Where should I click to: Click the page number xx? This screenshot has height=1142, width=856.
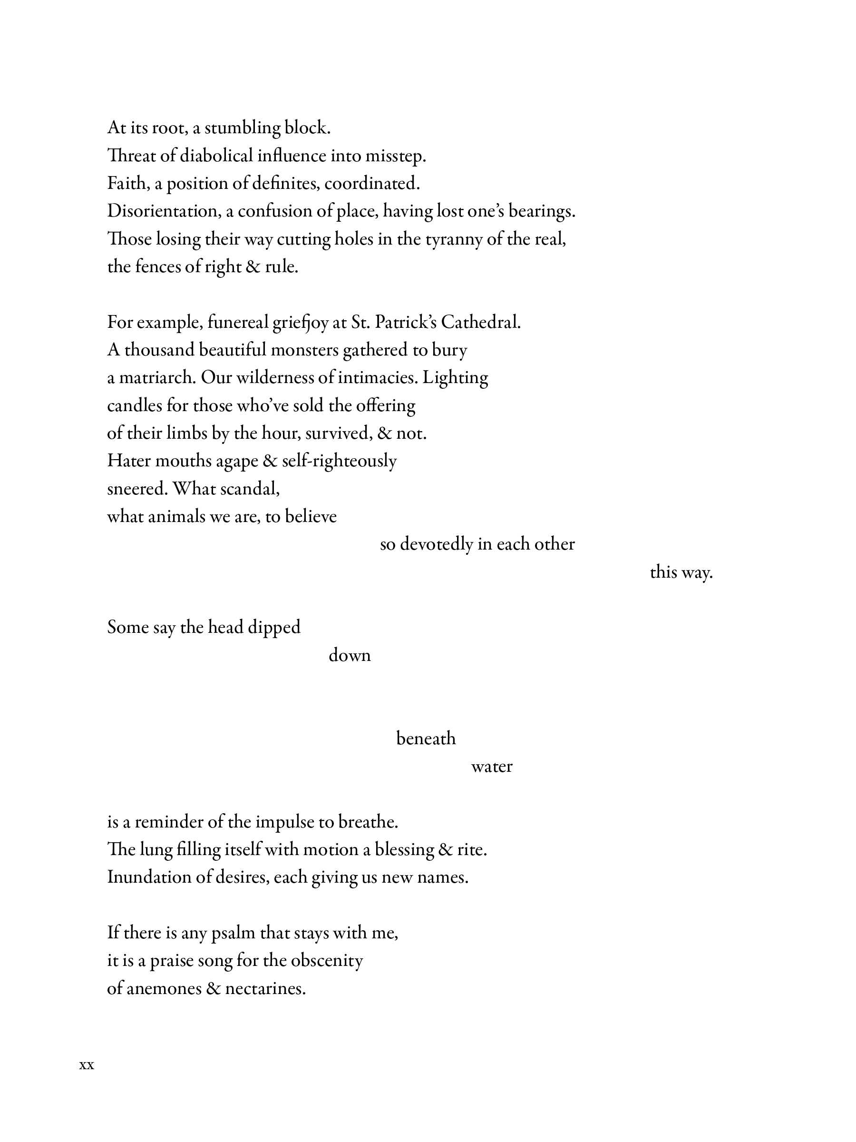tap(87, 1065)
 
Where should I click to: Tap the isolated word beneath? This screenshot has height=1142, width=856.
tap(426, 739)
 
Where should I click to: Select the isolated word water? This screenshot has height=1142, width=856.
tap(491, 767)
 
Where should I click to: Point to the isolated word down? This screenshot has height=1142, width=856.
tap(350, 655)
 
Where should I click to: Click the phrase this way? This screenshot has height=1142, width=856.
tap(681, 572)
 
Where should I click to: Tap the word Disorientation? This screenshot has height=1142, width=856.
tap(163, 211)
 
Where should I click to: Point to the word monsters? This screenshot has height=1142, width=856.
tap(304, 350)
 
